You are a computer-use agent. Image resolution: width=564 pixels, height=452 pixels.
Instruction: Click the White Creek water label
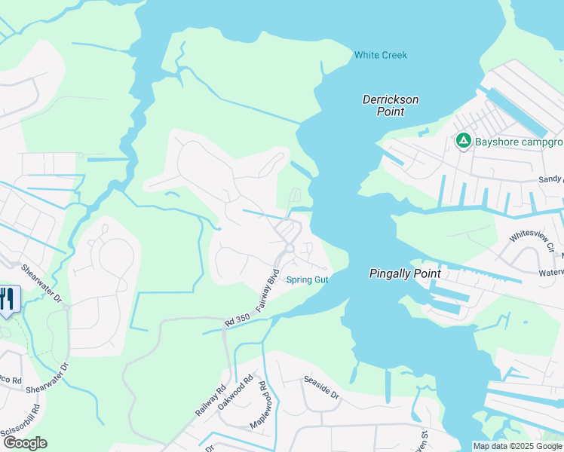[x=381, y=55]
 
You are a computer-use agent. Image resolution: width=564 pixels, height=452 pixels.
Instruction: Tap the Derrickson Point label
[x=390, y=105]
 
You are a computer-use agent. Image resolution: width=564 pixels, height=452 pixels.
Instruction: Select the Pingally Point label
[x=404, y=274]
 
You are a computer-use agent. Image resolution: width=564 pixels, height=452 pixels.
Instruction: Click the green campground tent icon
[x=462, y=140]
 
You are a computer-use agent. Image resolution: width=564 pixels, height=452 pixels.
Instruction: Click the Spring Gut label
[x=308, y=280]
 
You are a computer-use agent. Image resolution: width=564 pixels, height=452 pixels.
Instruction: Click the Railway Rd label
[x=210, y=402]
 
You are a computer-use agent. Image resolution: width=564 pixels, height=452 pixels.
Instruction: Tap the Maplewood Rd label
[x=264, y=406]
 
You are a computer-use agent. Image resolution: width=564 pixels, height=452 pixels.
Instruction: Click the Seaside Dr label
[x=322, y=389]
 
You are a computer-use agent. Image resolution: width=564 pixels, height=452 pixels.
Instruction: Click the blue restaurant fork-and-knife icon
[x=8, y=299]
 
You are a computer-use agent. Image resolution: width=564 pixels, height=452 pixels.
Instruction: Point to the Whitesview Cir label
[x=532, y=242]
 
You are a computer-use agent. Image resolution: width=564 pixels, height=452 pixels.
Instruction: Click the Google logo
[x=25, y=443]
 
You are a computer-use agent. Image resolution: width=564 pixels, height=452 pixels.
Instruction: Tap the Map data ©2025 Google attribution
[x=516, y=446]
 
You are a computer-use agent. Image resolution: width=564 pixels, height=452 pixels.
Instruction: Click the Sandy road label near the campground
[x=550, y=179]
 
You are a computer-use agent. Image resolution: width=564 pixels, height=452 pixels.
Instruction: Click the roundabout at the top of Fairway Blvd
[x=289, y=248]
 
